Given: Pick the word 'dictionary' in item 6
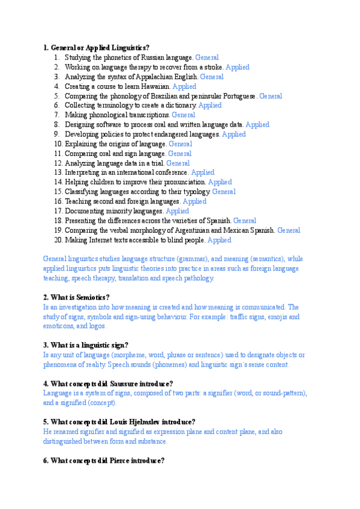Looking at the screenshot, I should pos(179,106).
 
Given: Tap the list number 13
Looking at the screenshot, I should pos(58,172).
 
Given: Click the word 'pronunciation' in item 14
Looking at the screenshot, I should pos(184,182).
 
